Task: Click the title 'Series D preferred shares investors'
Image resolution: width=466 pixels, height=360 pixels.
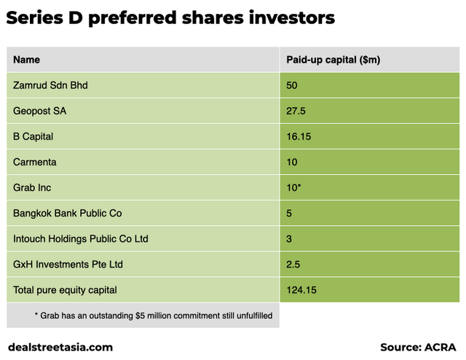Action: coord(170,18)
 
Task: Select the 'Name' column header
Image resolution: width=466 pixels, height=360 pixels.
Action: coord(27,60)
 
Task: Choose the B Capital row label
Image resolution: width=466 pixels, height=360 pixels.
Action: coord(33,136)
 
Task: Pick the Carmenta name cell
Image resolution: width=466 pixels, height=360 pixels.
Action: coord(34,162)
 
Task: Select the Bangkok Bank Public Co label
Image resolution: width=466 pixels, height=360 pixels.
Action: coord(67,214)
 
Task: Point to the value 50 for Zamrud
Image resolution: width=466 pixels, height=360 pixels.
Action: coord(292,85)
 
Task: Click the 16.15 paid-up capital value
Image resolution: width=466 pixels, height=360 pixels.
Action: coord(299,136)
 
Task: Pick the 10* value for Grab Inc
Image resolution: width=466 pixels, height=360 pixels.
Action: coord(294,187)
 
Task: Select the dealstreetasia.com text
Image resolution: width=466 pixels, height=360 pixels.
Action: coord(60,348)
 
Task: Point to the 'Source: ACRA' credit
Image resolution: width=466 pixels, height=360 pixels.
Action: coord(418,348)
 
